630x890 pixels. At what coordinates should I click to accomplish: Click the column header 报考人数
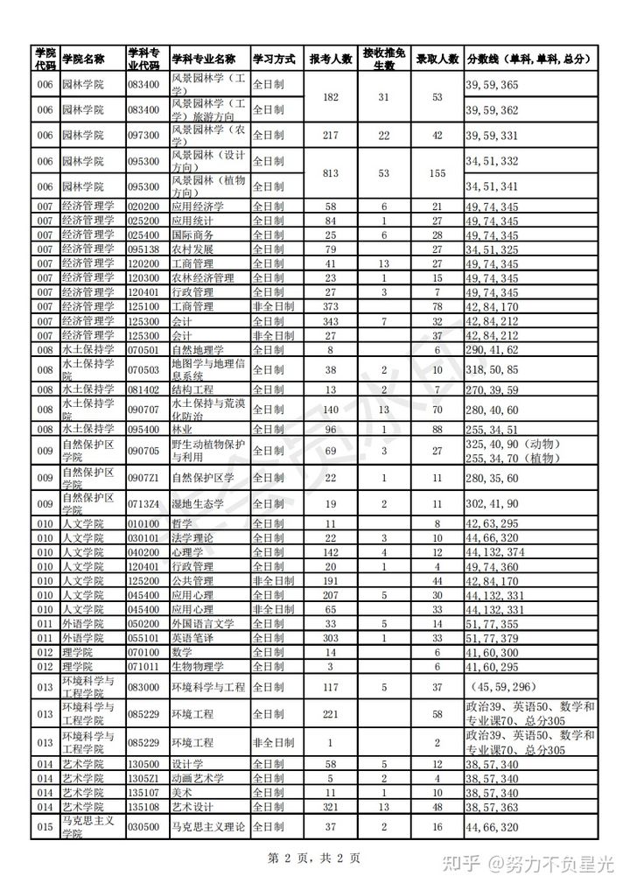331,60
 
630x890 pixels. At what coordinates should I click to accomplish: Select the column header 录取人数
437,60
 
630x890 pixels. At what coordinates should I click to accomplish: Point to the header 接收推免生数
384,60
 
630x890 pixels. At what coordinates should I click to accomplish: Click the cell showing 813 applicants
331,173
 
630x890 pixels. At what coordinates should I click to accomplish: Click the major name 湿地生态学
198,504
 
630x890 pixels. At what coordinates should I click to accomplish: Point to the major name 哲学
182,522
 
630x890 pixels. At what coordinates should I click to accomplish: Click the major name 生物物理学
198,666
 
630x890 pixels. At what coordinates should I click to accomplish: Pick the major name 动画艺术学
198,778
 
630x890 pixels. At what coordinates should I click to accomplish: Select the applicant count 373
331,306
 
